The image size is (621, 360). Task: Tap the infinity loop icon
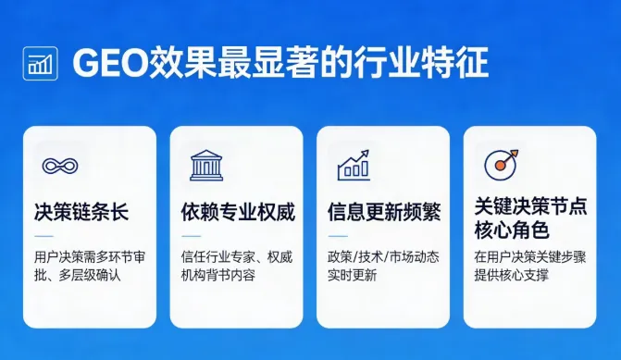[59, 167]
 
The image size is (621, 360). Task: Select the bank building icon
[205, 166]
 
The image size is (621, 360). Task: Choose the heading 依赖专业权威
[238, 212]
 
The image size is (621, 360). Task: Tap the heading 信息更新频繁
[384, 212]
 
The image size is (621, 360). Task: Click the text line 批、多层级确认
[77, 275]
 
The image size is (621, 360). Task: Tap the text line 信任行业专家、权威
[237, 256]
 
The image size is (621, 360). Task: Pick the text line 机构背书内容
[218, 275]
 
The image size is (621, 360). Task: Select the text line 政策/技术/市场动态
[383, 256]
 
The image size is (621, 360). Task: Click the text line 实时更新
[352, 275]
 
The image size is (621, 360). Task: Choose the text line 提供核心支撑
[512, 275]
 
